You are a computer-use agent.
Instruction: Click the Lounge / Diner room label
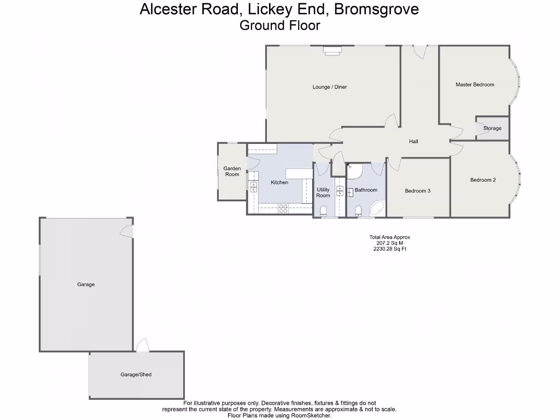point(330,87)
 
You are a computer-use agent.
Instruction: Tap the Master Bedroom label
point(475,85)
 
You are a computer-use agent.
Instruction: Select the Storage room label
point(492,129)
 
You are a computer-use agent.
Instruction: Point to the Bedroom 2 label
point(483,180)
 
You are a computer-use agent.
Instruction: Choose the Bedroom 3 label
point(418,191)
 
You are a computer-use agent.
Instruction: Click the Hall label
point(413,142)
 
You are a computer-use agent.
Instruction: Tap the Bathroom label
point(366,190)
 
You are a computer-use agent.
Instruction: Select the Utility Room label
point(323,192)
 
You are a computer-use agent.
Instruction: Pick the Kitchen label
point(279,183)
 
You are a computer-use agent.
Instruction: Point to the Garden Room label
point(232,172)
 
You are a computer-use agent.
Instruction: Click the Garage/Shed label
point(136,375)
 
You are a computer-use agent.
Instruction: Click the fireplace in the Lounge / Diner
point(332,50)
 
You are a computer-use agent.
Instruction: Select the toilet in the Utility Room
point(323,211)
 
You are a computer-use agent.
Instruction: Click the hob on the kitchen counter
point(284,208)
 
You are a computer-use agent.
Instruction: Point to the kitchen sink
point(253,186)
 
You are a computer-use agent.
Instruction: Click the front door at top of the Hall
point(419,51)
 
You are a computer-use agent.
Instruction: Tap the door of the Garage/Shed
point(142,345)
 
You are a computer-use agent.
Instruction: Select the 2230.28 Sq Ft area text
point(389,249)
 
